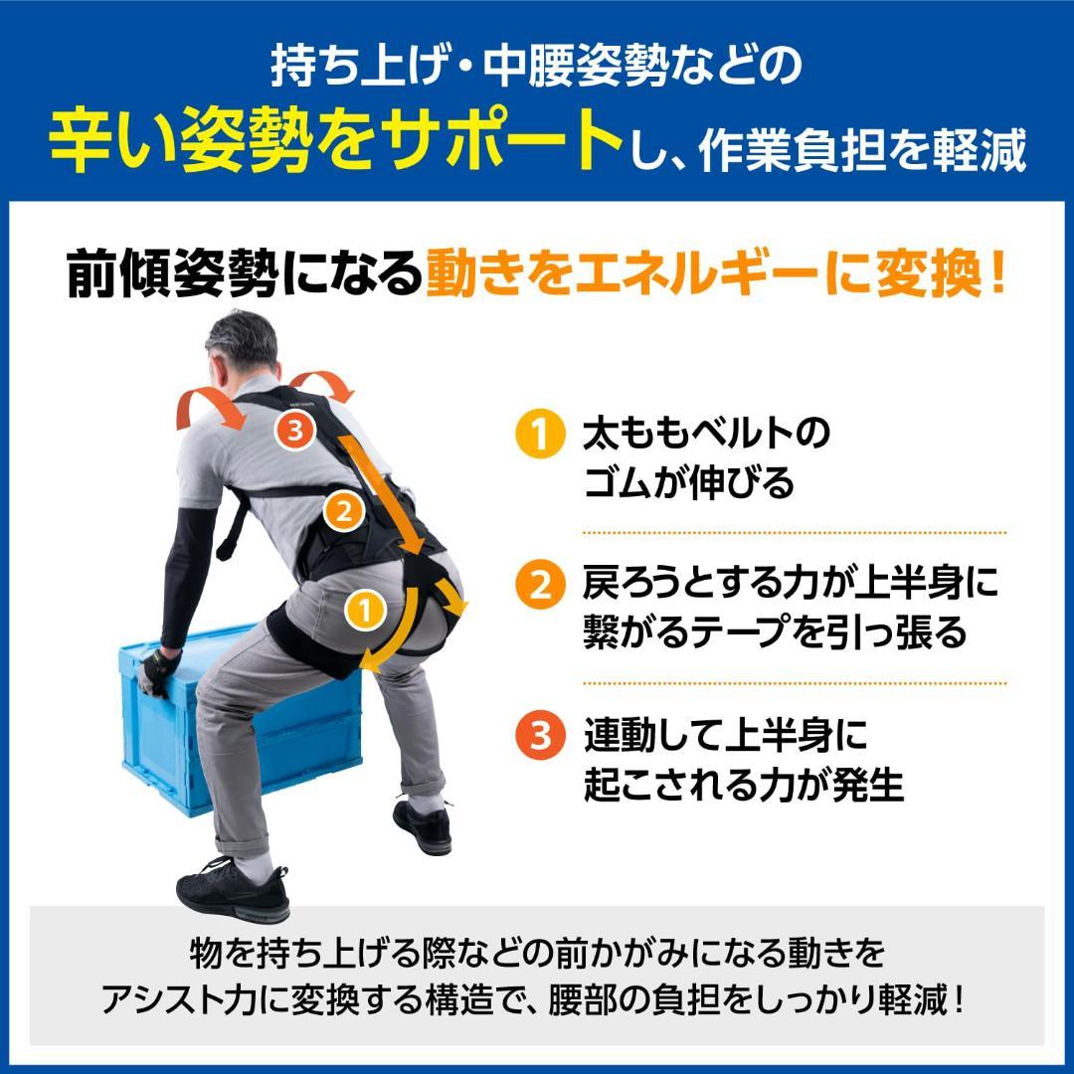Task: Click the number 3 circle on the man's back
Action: [295, 431]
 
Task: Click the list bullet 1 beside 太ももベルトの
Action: [536, 436]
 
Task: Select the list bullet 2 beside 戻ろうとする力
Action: [536, 585]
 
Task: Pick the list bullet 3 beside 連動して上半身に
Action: [536, 737]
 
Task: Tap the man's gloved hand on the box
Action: [155, 674]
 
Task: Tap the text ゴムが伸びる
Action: [689, 483]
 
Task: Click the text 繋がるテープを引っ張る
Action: [775, 632]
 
